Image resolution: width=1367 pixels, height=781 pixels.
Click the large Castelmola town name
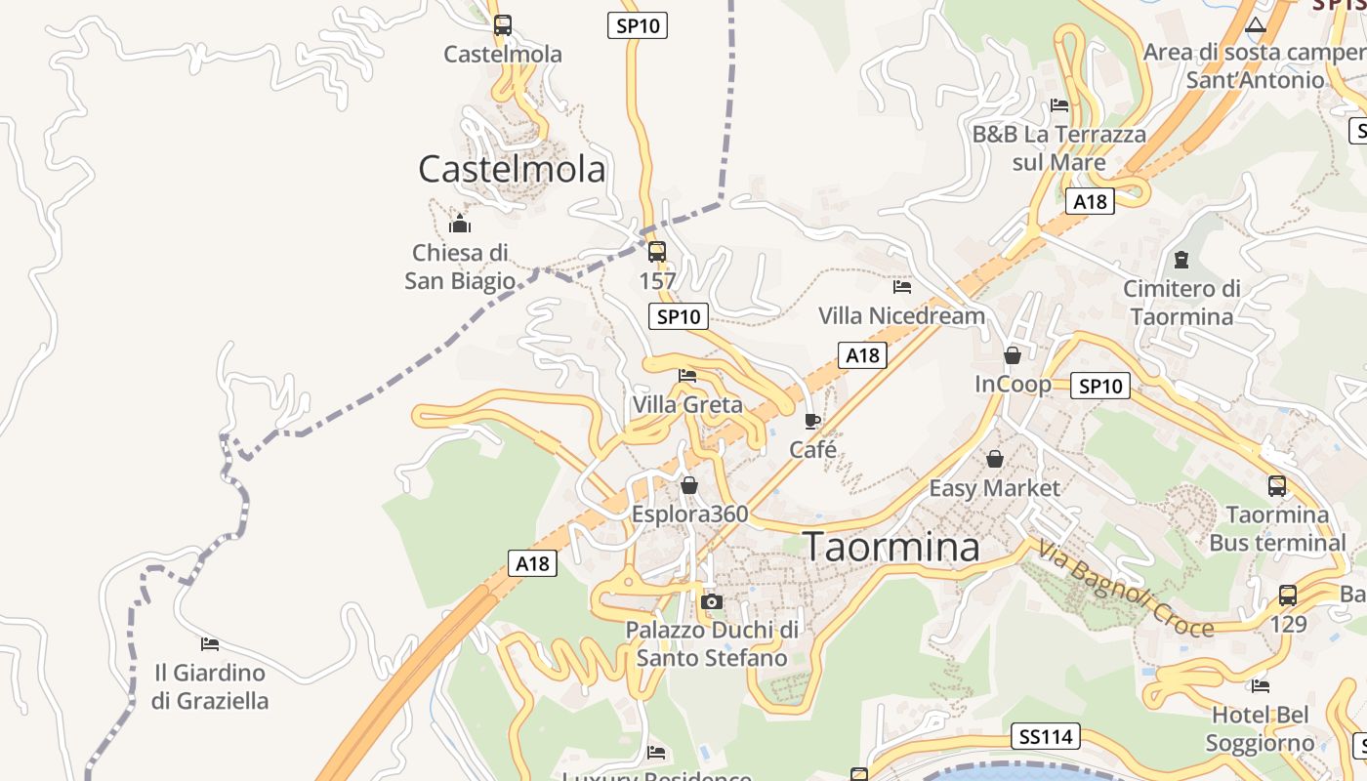512,169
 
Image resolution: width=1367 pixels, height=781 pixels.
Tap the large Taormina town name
891,547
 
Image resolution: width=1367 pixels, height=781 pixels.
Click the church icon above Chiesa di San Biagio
460,225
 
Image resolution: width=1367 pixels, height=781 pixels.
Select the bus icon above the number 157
657,252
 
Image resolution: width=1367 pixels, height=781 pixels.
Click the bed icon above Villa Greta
687,376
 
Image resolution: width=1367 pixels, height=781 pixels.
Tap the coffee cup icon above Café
812,421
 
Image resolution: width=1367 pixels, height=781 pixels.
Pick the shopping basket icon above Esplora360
689,485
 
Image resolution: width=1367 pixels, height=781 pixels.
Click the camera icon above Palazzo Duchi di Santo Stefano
712,601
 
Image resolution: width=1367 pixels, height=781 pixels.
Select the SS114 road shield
1045,736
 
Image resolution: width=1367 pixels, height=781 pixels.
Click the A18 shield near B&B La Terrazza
1090,201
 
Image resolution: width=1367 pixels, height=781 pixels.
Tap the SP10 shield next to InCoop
1099,386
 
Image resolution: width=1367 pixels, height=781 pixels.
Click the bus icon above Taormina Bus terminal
1277,485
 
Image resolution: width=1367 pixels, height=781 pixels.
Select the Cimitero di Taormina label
1181,303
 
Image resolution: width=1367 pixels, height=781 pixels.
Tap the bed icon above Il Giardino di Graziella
209,644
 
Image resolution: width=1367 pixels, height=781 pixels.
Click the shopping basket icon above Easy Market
994,459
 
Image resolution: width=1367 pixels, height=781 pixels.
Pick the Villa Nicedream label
901,315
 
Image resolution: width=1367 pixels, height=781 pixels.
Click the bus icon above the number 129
1288,595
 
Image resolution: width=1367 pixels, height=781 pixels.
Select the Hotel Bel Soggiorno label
1260,729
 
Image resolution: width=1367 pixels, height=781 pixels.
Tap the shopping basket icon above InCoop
1013,355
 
